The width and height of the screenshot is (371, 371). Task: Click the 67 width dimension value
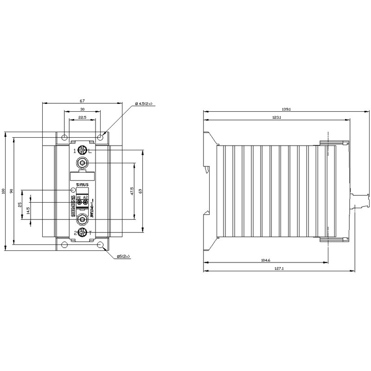click(81, 101)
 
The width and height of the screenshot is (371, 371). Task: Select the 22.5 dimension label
click(82, 117)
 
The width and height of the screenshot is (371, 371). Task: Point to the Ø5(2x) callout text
click(124, 256)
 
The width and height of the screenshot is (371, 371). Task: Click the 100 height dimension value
click(3, 191)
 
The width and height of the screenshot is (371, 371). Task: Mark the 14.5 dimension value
click(29, 210)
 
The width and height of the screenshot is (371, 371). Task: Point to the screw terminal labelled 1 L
click(83, 150)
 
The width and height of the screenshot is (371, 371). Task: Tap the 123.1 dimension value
click(277, 118)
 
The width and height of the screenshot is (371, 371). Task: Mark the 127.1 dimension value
click(279, 269)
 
